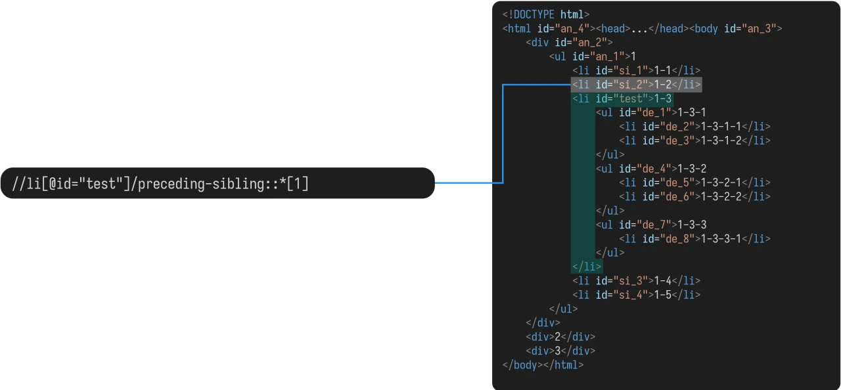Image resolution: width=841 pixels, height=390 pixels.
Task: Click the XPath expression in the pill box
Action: pyautogui.click(x=160, y=183)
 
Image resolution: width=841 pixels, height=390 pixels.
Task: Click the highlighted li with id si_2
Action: pyautogui.click(x=635, y=85)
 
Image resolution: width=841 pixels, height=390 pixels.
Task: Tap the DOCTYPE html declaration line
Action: pyautogui.click(x=545, y=14)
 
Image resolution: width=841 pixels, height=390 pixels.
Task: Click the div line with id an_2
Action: pyautogui.click(x=569, y=43)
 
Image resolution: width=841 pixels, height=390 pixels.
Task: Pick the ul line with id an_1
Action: pyautogui.click(x=592, y=56)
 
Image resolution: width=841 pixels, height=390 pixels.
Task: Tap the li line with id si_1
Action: pyautogui.click(x=635, y=70)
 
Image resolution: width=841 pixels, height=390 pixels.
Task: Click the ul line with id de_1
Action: pyautogui.click(x=650, y=112)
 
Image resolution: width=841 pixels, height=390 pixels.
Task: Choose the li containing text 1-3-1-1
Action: pyautogui.click(x=694, y=127)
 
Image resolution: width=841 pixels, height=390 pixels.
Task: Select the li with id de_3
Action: pyautogui.click(x=694, y=141)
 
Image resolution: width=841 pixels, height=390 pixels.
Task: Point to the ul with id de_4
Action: pyautogui.click(x=650, y=169)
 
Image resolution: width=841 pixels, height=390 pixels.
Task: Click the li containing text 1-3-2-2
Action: pyautogui.click(x=694, y=196)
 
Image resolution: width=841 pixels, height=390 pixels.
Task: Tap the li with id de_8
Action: pyautogui.click(x=694, y=238)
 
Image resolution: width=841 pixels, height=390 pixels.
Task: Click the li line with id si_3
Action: pyautogui.click(x=635, y=281)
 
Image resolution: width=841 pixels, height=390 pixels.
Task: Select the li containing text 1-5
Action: pyautogui.click(x=635, y=295)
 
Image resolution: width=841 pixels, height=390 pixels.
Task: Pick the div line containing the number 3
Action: pyautogui.click(x=560, y=351)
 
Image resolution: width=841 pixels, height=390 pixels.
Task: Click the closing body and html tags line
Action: pyautogui.click(x=543, y=365)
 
